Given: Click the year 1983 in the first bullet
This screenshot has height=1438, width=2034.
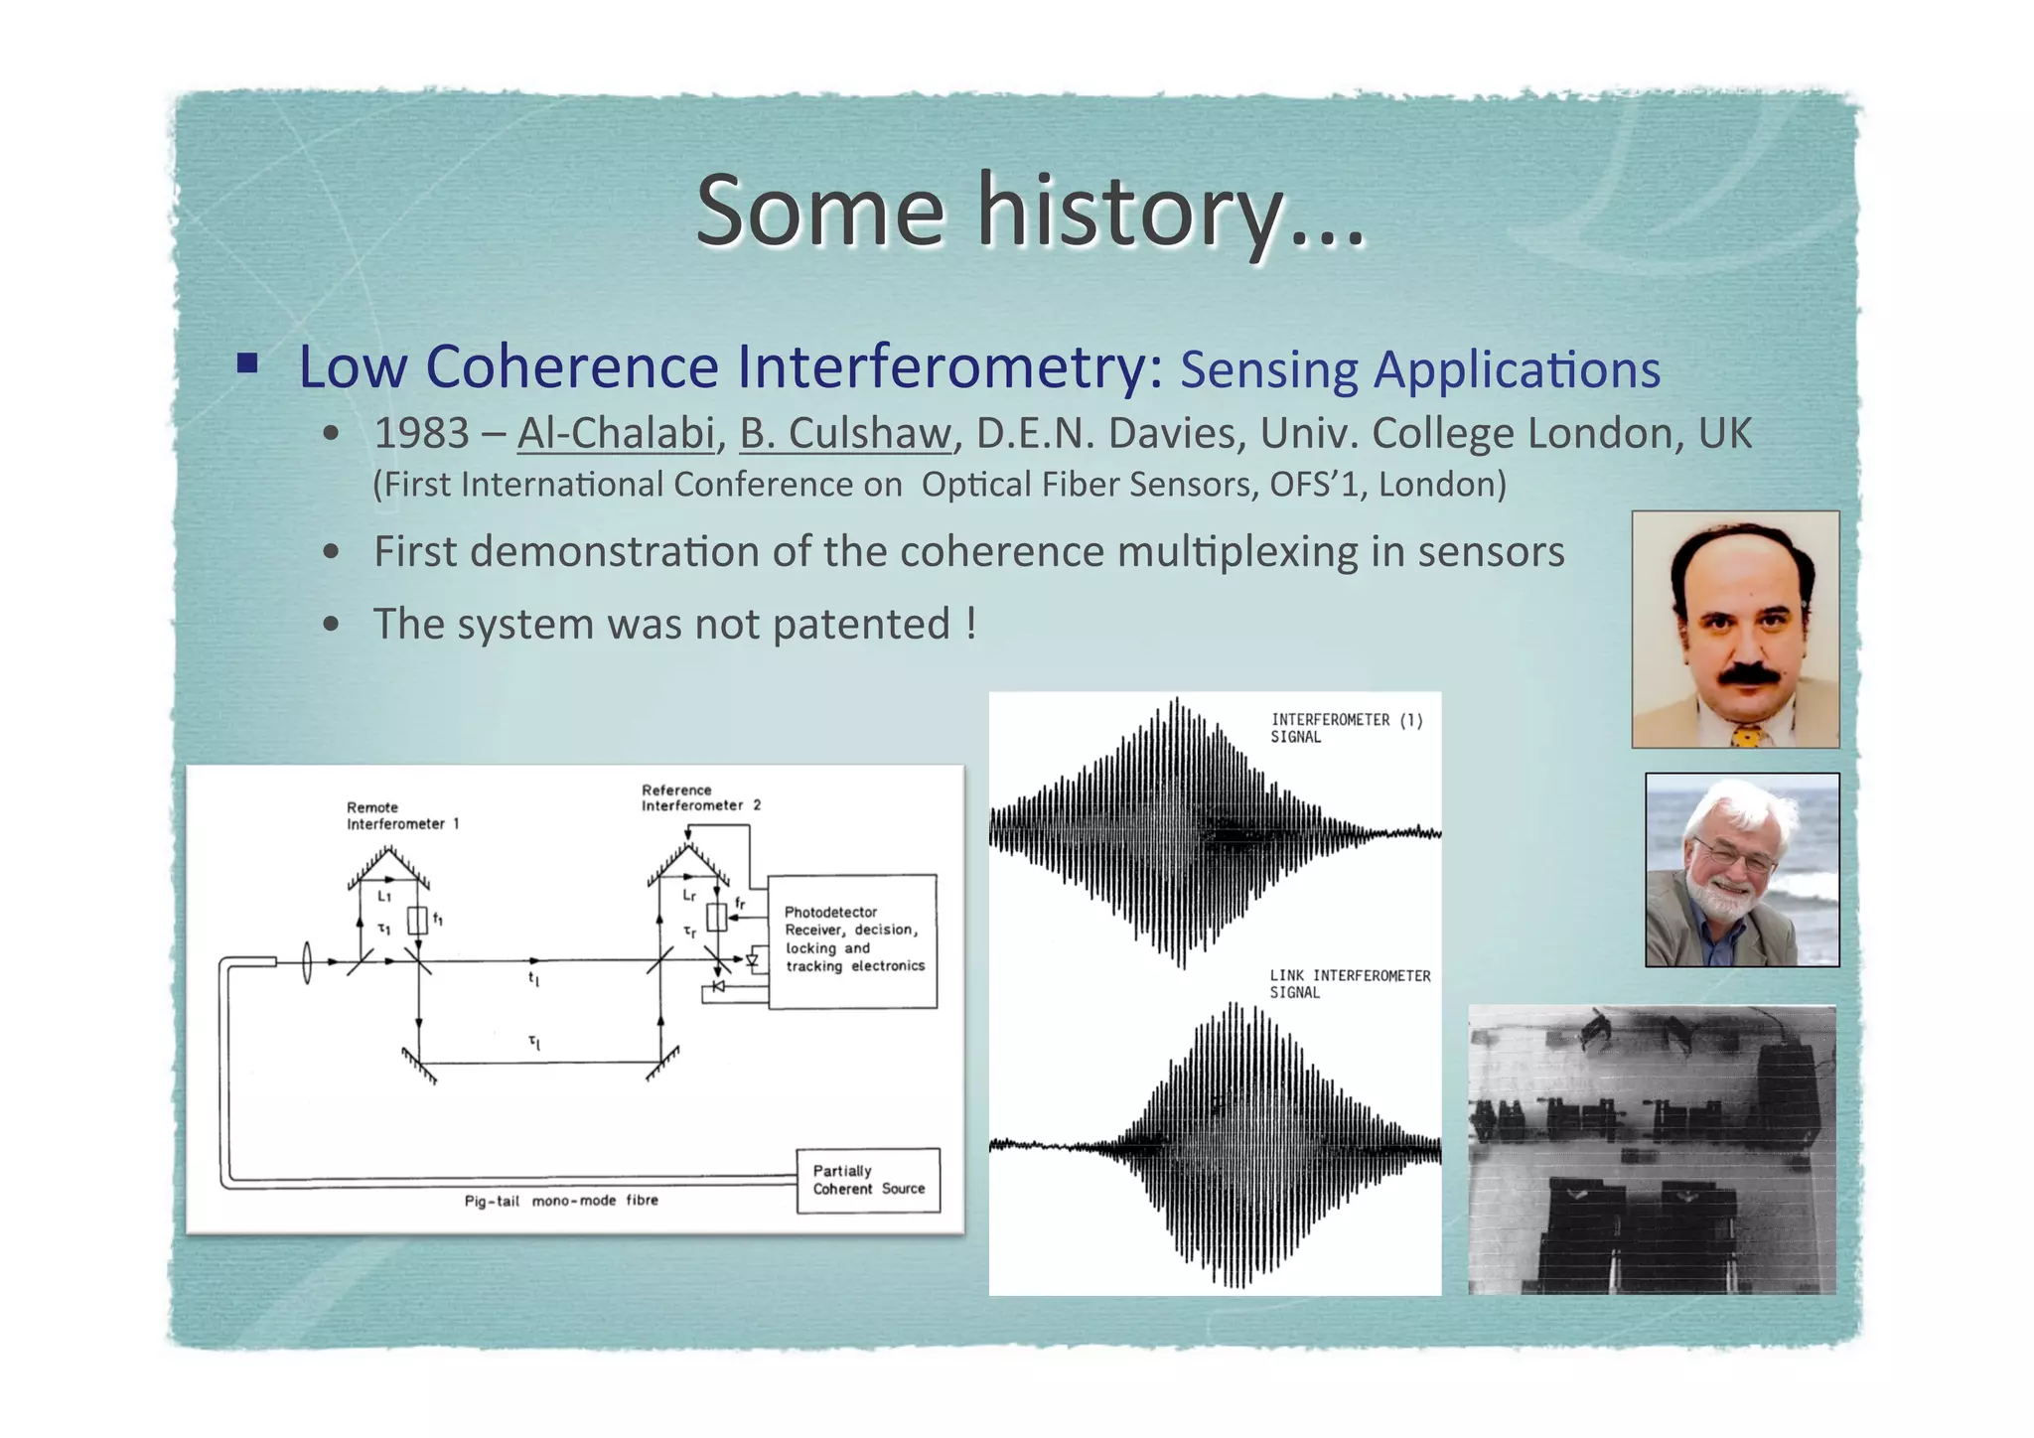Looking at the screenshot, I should pos(421,434).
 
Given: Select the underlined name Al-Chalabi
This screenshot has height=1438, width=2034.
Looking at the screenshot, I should pos(616,434).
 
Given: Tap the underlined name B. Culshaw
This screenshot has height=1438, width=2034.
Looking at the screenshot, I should pos(845,434).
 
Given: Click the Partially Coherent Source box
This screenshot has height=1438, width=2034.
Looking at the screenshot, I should pos(868,1180).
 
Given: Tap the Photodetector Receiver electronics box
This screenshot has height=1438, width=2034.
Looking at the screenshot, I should pos(853,939).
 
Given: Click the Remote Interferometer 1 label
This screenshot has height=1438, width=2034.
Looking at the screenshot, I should pos(401,815).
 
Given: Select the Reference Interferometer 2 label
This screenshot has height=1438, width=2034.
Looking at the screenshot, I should pos(700,797).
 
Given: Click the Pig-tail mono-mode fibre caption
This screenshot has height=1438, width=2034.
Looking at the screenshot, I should pos(561,1201).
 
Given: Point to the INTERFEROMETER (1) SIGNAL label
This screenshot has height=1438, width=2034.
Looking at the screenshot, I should pos(1346,728).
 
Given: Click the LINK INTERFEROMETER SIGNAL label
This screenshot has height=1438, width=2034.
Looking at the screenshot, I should pos(1349,984).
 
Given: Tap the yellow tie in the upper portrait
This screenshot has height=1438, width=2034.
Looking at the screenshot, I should pos(1745,736).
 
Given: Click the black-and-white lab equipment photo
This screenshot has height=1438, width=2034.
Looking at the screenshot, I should pos(1652,1149).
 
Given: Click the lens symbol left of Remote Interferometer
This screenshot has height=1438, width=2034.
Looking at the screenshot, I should pos(307,961).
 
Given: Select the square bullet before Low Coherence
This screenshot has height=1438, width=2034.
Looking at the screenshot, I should pos(247,362).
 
